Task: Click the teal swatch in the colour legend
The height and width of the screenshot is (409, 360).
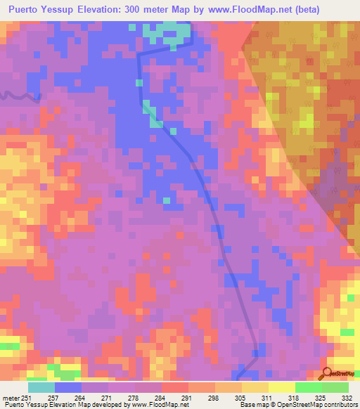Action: tap(41, 387)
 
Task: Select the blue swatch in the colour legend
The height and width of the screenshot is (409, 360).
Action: tap(68, 387)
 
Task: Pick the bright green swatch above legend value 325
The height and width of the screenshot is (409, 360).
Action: tap(309, 387)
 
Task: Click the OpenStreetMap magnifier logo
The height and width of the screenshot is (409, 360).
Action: tap(326, 373)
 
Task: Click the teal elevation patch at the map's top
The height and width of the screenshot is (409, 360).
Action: tap(167, 31)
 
